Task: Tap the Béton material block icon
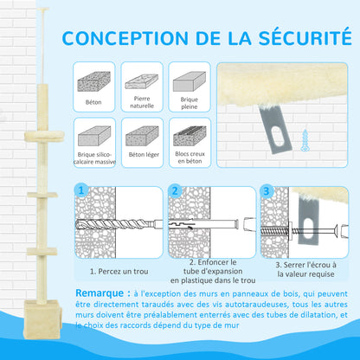pyautogui.click(x=93, y=81)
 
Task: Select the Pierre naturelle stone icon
pyautogui.click(x=141, y=81)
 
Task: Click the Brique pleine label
pyautogui.click(x=190, y=103)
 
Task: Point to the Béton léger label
pyautogui.click(x=144, y=155)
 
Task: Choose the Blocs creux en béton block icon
pyautogui.click(x=190, y=136)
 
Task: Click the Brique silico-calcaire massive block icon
pyautogui.click(x=94, y=136)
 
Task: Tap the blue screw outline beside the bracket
pyautogui.click(x=305, y=140)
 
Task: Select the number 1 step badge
pyautogui.click(x=81, y=190)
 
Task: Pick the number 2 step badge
pyautogui.click(x=175, y=190)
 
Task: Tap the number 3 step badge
pyautogui.click(x=266, y=190)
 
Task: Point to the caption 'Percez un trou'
pyautogui.click(x=119, y=272)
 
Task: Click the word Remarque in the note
pyautogui.click(x=100, y=293)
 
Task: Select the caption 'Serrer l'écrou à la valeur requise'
pyautogui.click(x=305, y=269)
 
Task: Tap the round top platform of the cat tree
pyautogui.click(x=44, y=136)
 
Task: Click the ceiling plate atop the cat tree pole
pyautogui.click(x=43, y=10)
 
